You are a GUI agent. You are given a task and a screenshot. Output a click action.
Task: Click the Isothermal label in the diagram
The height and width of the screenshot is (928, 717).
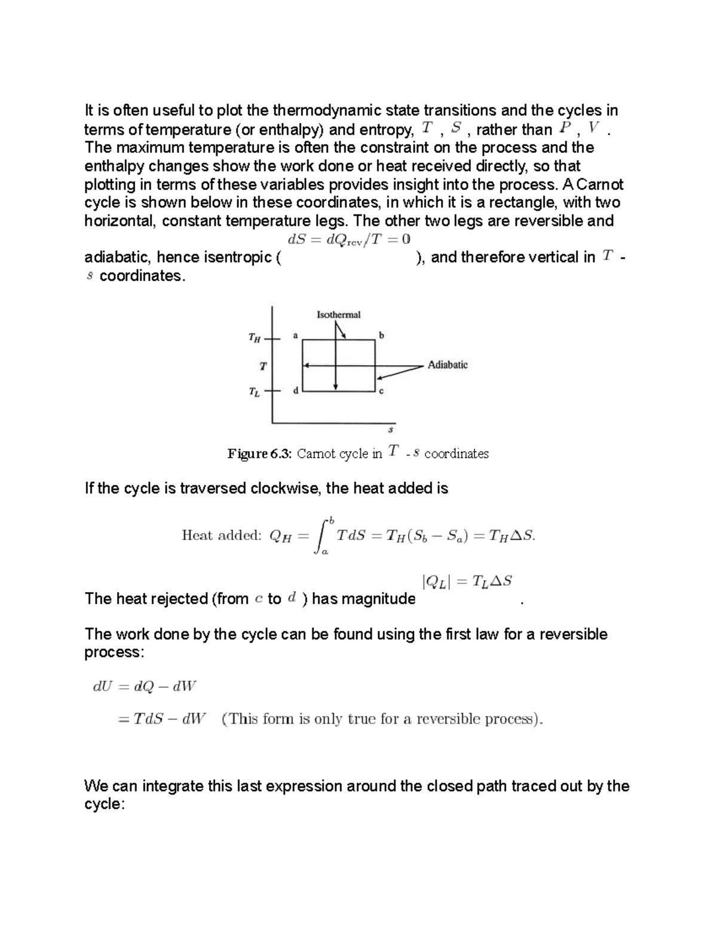(338, 314)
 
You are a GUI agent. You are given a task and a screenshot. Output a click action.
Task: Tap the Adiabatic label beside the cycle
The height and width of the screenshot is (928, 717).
(448, 365)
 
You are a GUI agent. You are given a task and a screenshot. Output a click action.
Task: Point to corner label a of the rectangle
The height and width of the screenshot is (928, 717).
(295, 335)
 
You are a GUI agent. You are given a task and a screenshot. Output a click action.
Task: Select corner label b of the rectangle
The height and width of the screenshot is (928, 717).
(382, 335)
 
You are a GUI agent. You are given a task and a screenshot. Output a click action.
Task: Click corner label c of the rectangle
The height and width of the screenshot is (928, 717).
(381, 391)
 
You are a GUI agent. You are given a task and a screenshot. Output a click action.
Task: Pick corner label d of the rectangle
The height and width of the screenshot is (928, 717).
(295, 391)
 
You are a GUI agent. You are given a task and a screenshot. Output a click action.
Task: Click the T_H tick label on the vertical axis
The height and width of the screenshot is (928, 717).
(255, 338)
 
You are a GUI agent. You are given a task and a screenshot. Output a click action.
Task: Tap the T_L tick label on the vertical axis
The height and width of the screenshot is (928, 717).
(255, 393)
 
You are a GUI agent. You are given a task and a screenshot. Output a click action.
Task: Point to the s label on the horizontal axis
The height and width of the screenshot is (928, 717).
(391, 429)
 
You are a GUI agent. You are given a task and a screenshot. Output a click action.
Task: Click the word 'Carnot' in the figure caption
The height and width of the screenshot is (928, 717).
(317, 454)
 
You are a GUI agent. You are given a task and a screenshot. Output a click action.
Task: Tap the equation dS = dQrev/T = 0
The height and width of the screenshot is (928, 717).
(349, 240)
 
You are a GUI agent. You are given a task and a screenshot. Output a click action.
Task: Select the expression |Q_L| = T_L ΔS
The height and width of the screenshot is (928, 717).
(467, 581)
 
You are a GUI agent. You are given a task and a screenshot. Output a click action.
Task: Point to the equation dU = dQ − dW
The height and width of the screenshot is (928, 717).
(144, 687)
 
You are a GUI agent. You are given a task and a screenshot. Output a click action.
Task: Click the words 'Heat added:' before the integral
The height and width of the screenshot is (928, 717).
(222, 535)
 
